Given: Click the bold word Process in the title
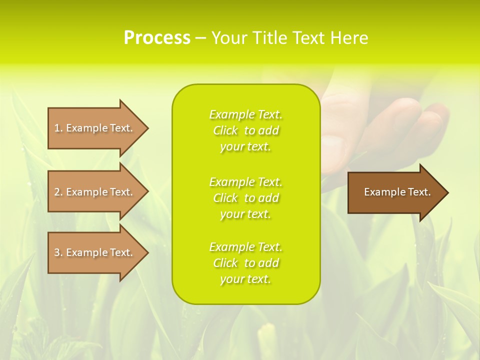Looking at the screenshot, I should [157, 38].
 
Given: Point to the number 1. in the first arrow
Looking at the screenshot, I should [58, 128].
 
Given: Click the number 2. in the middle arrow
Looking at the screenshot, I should [58, 192].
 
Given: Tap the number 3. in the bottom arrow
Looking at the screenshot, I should [58, 252].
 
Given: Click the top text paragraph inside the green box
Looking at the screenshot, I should [245, 130].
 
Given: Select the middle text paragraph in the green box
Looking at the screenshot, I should [245, 198].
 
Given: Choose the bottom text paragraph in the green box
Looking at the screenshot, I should [245, 263].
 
